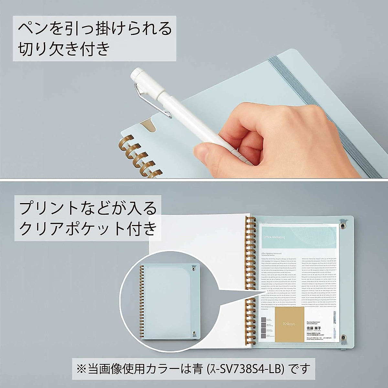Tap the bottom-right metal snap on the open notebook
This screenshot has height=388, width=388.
tap(344, 336)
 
